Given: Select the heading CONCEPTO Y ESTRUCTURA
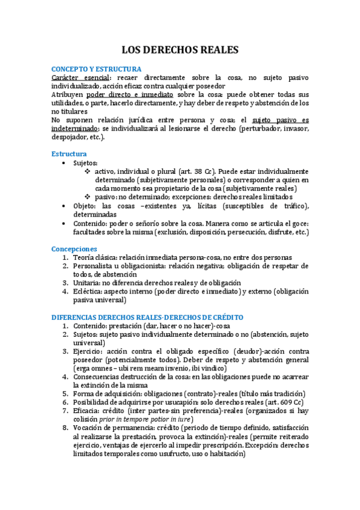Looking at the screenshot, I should (96, 69).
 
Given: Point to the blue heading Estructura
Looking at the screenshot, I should (69, 154).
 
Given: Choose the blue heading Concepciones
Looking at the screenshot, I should (74, 248).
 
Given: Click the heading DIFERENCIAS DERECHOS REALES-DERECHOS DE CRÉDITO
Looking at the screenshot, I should (147, 316).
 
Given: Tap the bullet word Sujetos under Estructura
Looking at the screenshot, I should (87, 163).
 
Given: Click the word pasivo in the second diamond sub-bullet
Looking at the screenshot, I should (106, 197).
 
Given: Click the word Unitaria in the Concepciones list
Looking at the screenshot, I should (89, 282).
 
